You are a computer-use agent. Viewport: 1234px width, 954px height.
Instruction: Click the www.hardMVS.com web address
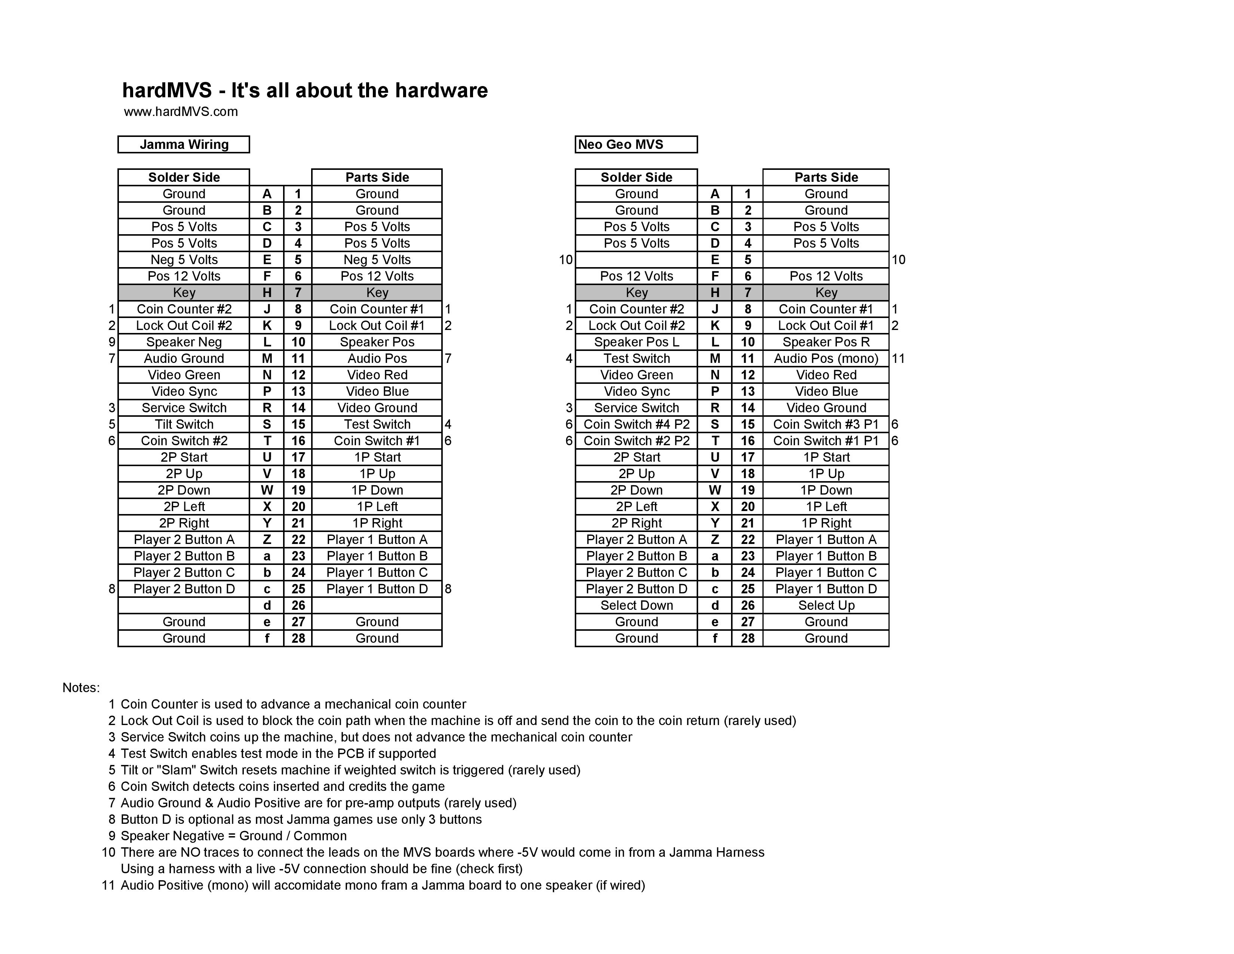pos(181,112)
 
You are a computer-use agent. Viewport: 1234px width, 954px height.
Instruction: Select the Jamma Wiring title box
pos(184,145)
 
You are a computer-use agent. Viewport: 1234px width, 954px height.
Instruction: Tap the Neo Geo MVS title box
pos(636,145)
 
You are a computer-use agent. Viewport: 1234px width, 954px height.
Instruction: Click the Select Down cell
pos(636,606)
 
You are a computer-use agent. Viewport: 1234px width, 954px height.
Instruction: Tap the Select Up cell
pos(826,606)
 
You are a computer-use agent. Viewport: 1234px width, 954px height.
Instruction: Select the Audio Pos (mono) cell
pos(826,359)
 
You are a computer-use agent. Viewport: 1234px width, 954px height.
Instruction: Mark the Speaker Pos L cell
pos(636,342)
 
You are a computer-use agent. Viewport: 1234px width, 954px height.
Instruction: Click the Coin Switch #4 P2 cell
pos(636,425)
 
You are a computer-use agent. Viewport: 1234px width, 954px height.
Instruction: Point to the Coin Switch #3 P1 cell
pos(826,425)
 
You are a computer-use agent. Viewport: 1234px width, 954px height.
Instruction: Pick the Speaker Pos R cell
pos(826,342)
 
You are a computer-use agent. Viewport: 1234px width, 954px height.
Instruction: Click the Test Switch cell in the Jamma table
pos(377,425)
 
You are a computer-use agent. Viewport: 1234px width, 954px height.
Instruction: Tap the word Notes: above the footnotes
pos(81,688)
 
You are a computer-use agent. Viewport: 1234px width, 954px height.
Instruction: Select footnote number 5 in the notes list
pos(112,770)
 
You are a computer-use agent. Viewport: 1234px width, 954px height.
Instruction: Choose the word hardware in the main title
pos(441,91)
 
